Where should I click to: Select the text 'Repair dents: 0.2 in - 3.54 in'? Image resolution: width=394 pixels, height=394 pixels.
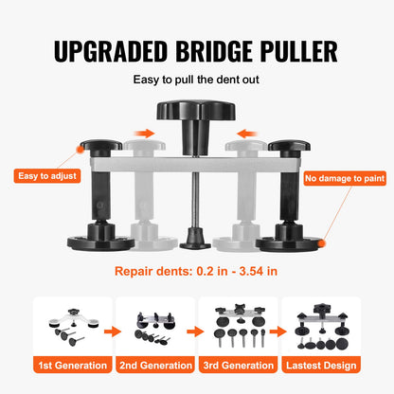click(196, 270)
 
